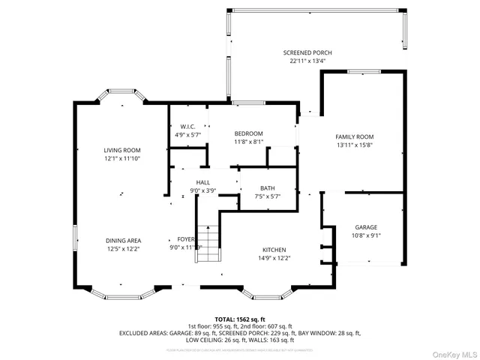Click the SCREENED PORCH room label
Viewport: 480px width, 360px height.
click(x=307, y=52)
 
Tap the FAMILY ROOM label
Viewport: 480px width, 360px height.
click(x=354, y=136)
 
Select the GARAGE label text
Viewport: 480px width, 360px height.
click(x=366, y=227)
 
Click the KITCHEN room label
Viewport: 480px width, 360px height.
click(x=274, y=250)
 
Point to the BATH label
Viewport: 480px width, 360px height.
click(x=268, y=188)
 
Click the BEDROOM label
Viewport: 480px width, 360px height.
click(x=248, y=133)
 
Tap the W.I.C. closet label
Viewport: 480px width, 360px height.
click(x=187, y=127)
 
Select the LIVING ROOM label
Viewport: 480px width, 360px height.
click(x=122, y=150)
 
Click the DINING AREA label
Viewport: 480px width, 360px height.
click(x=123, y=240)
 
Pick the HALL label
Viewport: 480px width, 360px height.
click(x=203, y=182)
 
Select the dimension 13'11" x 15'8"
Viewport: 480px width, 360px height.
click(x=354, y=145)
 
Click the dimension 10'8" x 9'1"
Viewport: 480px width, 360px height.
click(x=366, y=236)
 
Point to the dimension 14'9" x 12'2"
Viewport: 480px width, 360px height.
click(x=274, y=259)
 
